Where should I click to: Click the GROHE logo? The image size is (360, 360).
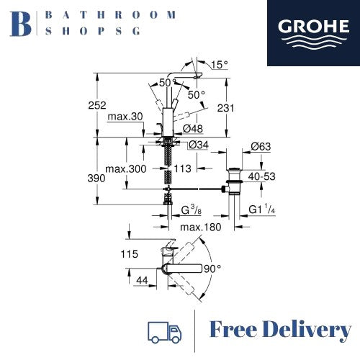[x=313, y=33]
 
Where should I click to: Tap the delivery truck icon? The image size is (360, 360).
[x=164, y=332]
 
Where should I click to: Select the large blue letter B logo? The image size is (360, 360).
[x=20, y=24]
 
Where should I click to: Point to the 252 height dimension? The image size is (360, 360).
[x=97, y=105]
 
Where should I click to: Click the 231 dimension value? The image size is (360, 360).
[x=225, y=108]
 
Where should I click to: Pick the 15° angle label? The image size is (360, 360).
[x=220, y=65]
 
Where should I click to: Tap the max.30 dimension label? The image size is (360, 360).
[x=125, y=117]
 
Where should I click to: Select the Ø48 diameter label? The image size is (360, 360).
[x=193, y=129]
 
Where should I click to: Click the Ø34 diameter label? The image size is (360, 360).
[x=199, y=145]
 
